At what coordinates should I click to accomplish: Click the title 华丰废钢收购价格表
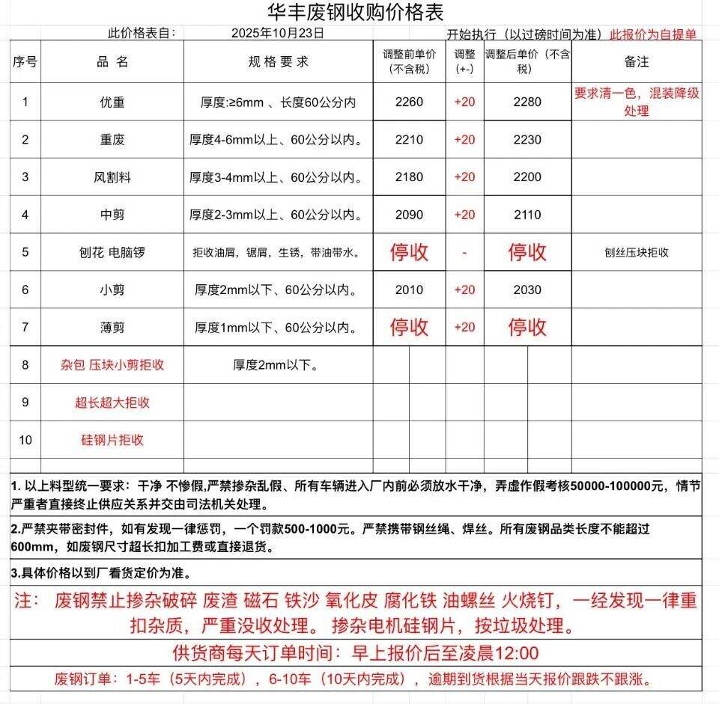point(356,13)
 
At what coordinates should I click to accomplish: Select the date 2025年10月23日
point(278,33)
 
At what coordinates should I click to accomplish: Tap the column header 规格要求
point(278,61)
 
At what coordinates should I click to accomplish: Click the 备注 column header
point(636,61)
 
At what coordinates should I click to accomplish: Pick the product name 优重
point(112,102)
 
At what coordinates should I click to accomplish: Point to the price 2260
point(410,102)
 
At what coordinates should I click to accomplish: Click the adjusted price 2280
point(527,102)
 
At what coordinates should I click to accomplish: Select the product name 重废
point(112,140)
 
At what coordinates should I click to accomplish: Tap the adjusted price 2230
point(527,140)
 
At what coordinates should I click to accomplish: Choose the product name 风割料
point(112,177)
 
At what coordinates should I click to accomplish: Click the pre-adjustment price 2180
point(410,177)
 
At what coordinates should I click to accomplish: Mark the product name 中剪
point(112,215)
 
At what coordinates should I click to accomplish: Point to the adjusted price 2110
point(527,215)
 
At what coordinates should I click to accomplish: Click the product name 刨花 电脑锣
point(112,252)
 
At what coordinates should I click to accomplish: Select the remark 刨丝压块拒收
point(636,252)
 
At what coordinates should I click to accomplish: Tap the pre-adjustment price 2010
point(410,290)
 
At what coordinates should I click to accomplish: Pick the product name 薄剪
point(112,327)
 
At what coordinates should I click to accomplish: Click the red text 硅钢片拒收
point(112,440)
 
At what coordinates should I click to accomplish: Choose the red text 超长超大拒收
point(112,402)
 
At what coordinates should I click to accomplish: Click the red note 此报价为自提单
point(653,34)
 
